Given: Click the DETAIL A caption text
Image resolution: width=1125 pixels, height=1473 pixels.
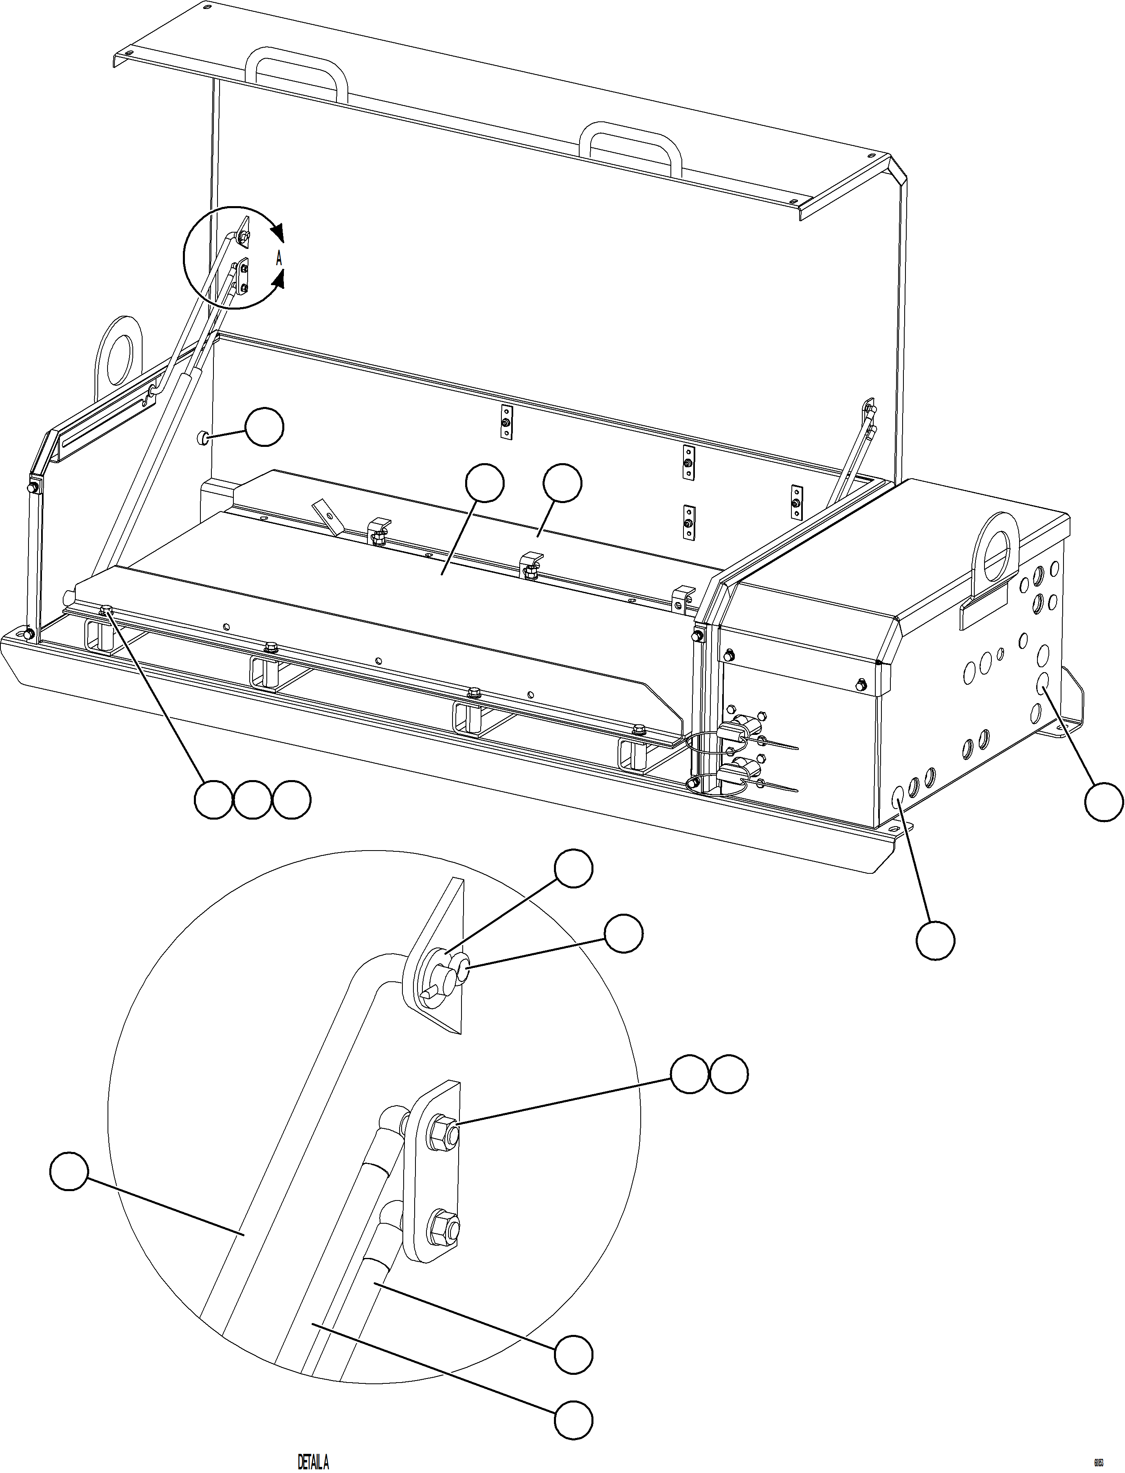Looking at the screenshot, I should pos(313,1457).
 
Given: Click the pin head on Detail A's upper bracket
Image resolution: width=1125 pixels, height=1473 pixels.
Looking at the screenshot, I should pos(461,978).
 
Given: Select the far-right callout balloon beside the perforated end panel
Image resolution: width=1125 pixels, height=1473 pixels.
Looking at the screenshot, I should pos(1103,801).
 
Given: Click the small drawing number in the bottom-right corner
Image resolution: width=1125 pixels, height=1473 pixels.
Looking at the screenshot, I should pos(1098,1457).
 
